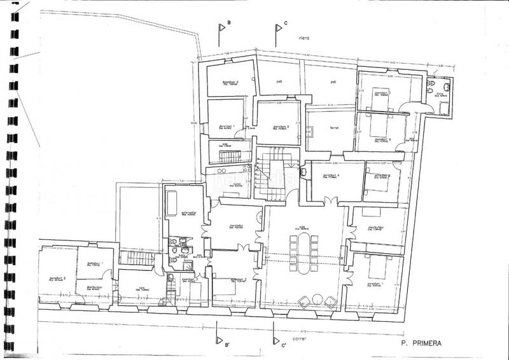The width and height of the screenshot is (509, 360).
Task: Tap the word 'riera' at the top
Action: [x=303, y=38]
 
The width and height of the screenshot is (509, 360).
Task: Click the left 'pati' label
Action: [x=279, y=82]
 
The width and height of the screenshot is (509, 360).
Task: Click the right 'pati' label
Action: [x=333, y=82]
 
